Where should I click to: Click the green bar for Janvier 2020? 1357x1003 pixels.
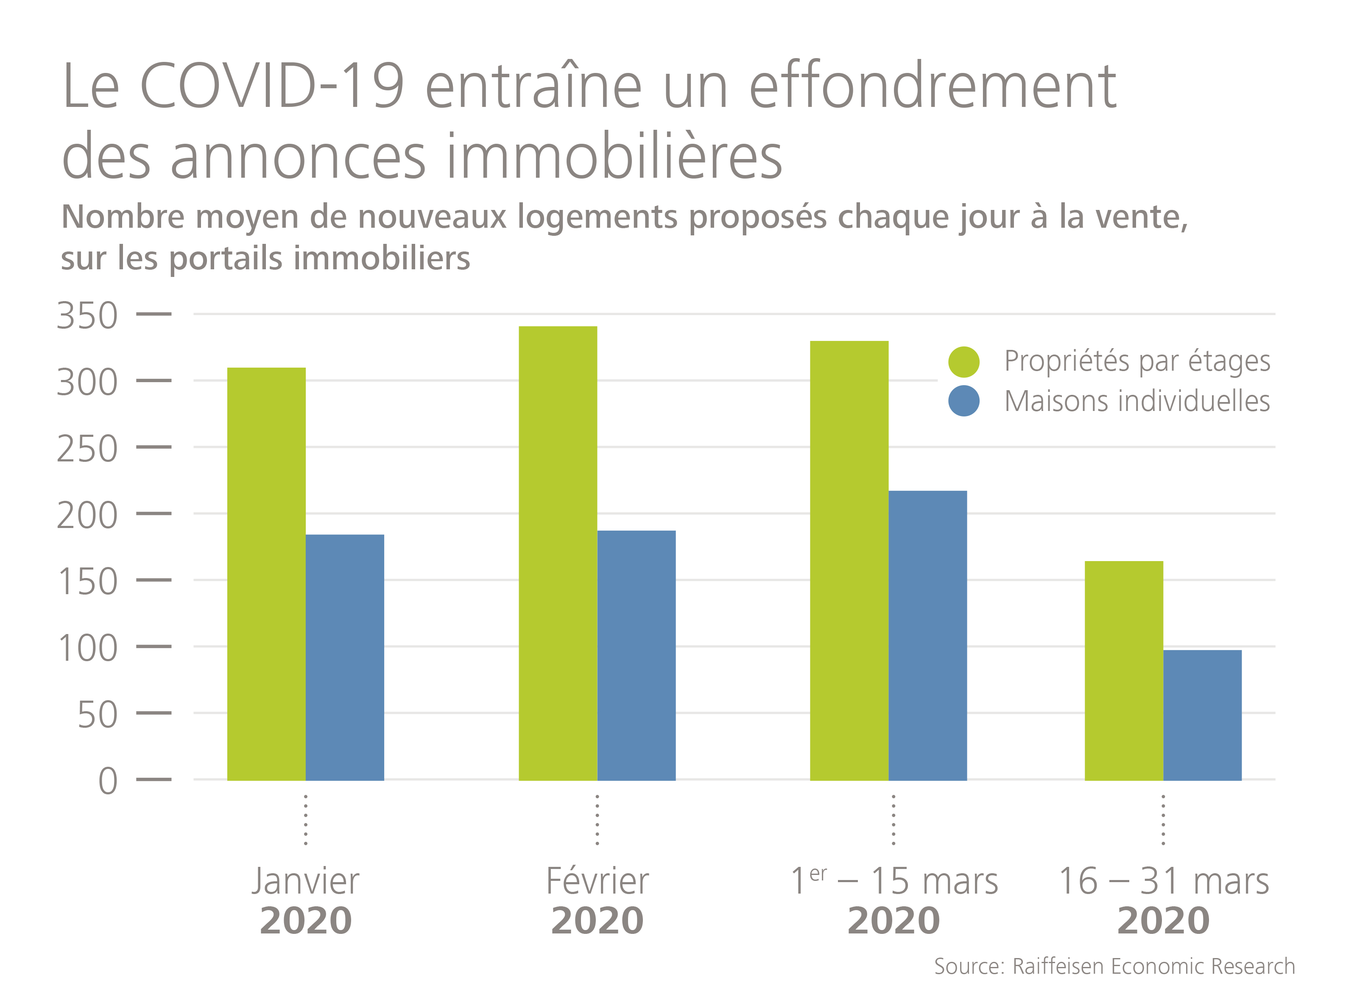click(267, 574)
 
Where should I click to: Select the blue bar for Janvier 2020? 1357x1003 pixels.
click(345, 657)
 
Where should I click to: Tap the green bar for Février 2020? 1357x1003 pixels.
click(558, 553)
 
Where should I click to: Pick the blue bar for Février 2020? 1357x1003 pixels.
click(636, 655)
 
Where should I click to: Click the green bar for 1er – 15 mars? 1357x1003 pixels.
click(849, 560)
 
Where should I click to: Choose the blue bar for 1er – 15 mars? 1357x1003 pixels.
click(928, 635)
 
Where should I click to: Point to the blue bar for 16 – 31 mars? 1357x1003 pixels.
click(1202, 715)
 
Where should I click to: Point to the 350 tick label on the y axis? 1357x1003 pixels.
click(87, 315)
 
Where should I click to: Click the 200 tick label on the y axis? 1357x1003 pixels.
click(87, 515)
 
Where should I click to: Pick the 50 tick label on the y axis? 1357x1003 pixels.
click(98, 714)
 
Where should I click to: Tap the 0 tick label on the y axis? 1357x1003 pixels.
click(108, 780)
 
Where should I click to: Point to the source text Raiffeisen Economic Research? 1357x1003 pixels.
click(1153, 966)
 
